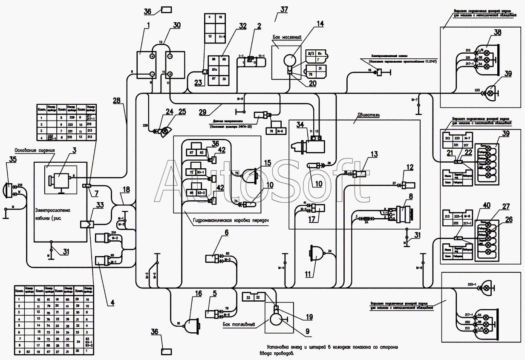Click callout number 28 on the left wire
click(117, 101)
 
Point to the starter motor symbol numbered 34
click(308, 145)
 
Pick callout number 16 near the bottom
click(199, 294)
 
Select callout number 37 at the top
click(284, 9)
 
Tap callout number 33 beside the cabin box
click(100, 205)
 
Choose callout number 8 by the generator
click(411, 197)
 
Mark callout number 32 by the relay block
click(242, 26)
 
